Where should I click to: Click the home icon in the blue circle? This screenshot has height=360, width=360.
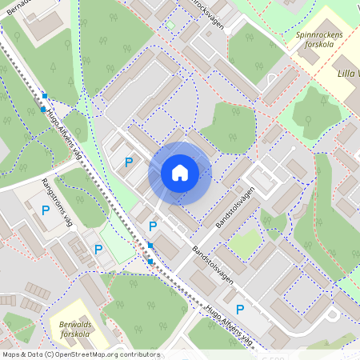pyautogui.click(x=180, y=173)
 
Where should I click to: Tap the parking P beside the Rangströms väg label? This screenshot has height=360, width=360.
pyautogui.click(x=46, y=210)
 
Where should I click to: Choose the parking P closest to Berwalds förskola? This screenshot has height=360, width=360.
pyautogui.click(x=98, y=250)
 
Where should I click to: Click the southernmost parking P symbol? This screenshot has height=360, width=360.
pyautogui.click(x=239, y=309)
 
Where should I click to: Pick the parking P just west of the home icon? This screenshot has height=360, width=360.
pyautogui.click(x=128, y=162)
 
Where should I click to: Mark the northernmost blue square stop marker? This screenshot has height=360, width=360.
pyautogui.click(x=45, y=96)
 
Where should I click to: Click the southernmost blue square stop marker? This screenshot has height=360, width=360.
pyautogui.click(x=150, y=261)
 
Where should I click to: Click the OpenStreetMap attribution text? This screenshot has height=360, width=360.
pyautogui.click(x=80, y=354)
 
